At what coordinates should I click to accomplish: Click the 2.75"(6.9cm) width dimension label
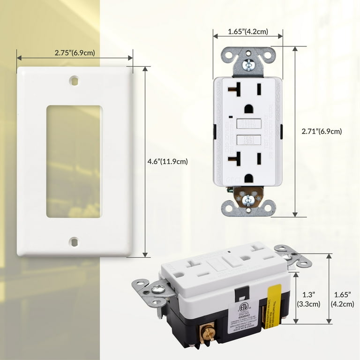coord(75,53)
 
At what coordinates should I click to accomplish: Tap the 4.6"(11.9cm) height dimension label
coord(167,162)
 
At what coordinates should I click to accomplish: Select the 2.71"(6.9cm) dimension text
coord(322,132)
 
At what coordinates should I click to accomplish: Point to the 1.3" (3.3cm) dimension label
coord(309,299)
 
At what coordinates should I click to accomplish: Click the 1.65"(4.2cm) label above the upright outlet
coord(247,32)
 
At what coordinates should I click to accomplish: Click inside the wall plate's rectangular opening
coord(74,161)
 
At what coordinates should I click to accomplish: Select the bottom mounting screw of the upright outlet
coord(248,200)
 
